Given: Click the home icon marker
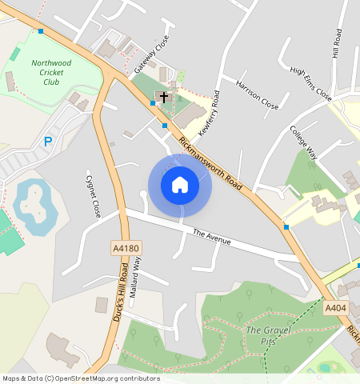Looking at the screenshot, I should click(x=180, y=185).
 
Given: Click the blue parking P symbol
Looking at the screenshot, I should click(x=48, y=142).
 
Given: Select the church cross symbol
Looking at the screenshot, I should click(x=164, y=98).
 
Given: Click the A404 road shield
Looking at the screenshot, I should click(x=335, y=307).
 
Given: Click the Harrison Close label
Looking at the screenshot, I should click(x=257, y=94).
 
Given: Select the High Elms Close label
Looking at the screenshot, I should click(x=311, y=82).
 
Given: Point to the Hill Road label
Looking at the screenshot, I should click(x=338, y=43).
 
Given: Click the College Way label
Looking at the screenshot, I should click(x=304, y=142).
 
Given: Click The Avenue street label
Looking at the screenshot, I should click(x=212, y=237).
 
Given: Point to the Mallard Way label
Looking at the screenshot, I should click(x=136, y=273).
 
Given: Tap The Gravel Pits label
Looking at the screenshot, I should click(x=265, y=335).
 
